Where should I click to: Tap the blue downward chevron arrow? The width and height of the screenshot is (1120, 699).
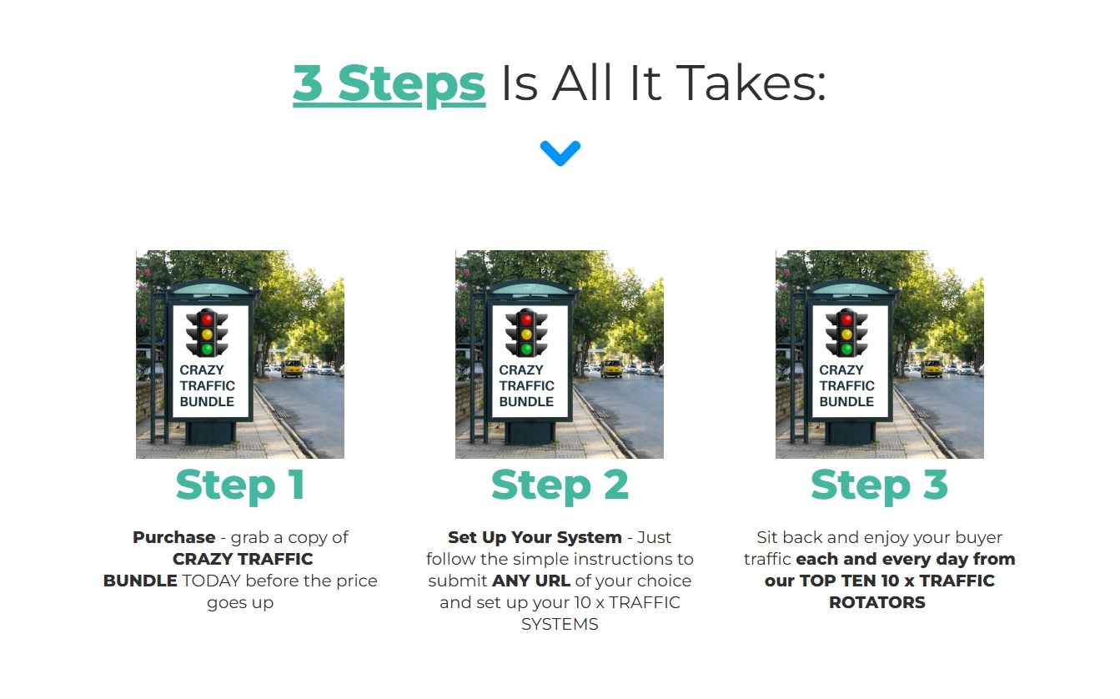[x=560, y=153]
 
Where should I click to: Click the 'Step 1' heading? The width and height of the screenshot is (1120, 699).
[x=240, y=485]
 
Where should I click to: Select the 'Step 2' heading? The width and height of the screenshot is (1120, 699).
[x=560, y=485]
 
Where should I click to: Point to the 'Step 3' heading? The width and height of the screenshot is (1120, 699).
[x=879, y=485]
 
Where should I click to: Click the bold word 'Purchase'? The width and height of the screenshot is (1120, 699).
[x=174, y=537]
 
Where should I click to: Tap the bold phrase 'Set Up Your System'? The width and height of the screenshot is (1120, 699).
[x=535, y=537]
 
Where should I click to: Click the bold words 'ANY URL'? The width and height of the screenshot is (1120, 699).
[x=531, y=581]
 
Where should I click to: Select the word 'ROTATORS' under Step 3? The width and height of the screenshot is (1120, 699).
[x=877, y=602]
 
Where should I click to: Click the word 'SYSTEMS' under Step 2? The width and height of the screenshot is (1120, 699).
[x=560, y=624]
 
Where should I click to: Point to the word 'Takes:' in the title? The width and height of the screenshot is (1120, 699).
[x=753, y=83]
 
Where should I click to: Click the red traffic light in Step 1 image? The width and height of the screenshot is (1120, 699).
[x=207, y=319]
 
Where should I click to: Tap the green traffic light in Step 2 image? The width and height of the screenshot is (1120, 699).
[x=526, y=349]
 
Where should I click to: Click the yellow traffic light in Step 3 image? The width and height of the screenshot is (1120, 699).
[x=846, y=334]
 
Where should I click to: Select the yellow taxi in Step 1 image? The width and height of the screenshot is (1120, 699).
[x=292, y=369]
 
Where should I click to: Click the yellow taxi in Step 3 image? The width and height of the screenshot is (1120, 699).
[x=932, y=369]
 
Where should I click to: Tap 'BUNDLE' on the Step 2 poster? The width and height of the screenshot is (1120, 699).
[x=526, y=401]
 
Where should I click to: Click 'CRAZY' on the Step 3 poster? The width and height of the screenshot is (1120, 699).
[x=841, y=370]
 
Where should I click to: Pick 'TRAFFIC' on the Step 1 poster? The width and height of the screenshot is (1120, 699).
[x=207, y=385]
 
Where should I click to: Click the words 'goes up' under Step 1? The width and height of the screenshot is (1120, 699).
[x=240, y=603]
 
